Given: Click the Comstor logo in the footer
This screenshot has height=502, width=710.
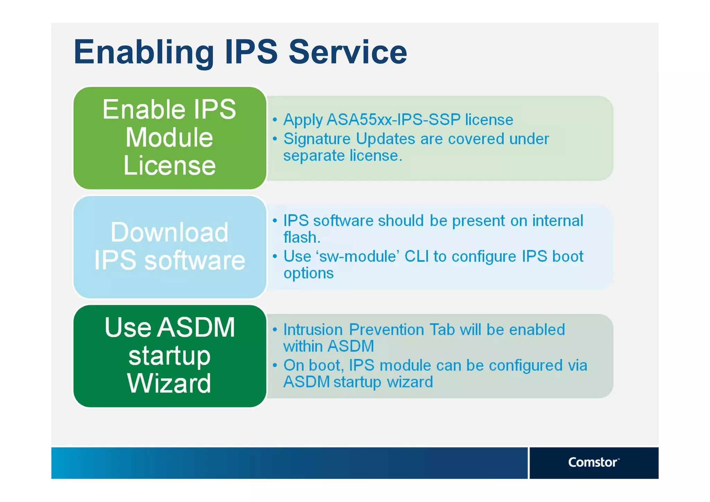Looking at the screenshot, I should (593, 462).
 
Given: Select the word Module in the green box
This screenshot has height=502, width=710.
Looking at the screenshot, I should (169, 138).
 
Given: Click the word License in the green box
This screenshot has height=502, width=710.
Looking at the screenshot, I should (170, 165).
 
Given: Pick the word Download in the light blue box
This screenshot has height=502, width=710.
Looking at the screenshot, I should (170, 232).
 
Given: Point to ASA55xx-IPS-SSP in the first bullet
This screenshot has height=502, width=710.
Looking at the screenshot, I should (393, 120).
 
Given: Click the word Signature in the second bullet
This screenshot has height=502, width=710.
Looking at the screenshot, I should (317, 139).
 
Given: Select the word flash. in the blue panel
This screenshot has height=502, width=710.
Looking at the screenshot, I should (302, 238).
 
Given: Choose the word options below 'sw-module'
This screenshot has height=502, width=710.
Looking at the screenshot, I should (309, 273).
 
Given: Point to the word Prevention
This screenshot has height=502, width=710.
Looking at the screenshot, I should (387, 330).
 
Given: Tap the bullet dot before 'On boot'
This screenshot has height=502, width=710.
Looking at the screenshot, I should (275, 365).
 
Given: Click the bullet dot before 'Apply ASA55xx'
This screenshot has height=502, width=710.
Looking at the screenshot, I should (275, 120).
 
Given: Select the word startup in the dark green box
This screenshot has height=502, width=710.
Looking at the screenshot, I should (169, 356).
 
